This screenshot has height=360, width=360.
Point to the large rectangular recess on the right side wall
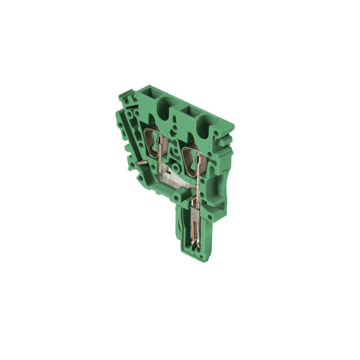[x=222, y=185]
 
